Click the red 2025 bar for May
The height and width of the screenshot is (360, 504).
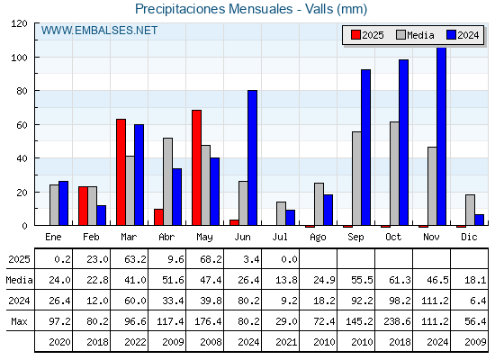point(197,167)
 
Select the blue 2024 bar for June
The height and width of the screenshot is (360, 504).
point(252,157)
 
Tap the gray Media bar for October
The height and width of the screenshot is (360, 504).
point(394,174)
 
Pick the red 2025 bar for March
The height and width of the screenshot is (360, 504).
point(121,172)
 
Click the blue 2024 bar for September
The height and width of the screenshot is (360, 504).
point(365,148)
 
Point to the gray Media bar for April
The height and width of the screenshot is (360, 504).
point(167,182)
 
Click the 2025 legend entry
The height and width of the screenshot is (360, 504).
point(367,35)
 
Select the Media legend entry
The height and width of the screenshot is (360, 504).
point(415,35)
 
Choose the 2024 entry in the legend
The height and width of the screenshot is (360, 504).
point(463,35)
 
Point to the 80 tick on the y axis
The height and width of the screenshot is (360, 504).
point(22,91)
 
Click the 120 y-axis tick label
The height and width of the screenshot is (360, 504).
point(19,23)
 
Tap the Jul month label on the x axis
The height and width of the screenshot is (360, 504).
point(280,237)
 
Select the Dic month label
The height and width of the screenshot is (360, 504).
point(469,237)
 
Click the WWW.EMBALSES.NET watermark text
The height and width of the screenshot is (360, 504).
point(99,31)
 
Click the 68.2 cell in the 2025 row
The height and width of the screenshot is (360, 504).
point(211,259)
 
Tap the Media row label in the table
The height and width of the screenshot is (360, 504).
point(19,280)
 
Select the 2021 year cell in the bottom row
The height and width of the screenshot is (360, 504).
point(286,342)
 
